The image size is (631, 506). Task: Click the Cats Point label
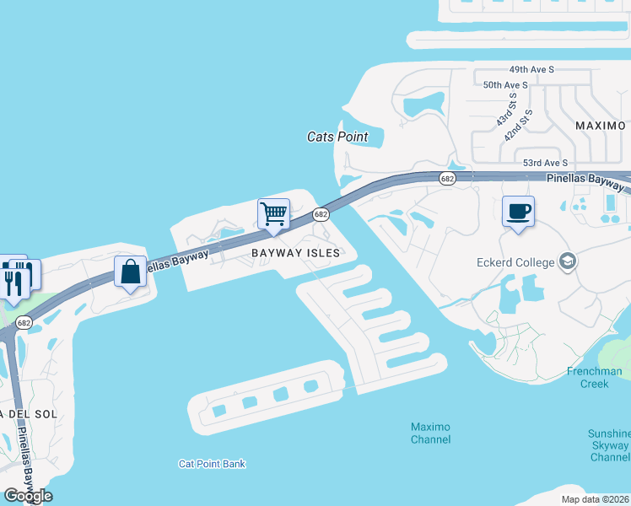tap(337, 137)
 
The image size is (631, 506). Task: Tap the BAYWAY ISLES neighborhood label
tap(295, 253)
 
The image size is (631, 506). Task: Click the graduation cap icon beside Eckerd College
tap(567, 261)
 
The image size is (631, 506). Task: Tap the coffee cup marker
tap(517, 211)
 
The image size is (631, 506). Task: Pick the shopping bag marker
tap(130, 272)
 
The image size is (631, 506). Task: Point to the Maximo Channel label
tap(430, 433)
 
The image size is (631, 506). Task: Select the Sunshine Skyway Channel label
tap(608, 445)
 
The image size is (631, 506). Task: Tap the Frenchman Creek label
tap(594, 377)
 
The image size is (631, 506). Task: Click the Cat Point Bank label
tap(212, 464)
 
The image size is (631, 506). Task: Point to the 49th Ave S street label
tap(531, 69)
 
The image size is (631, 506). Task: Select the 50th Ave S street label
tap(505, 85)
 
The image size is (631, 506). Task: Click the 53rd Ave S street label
tap(546, 163)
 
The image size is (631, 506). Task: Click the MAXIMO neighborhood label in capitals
tap(601, 126)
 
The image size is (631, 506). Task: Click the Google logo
tap(28, 495)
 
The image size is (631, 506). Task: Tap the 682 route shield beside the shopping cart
tap(321, 215)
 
